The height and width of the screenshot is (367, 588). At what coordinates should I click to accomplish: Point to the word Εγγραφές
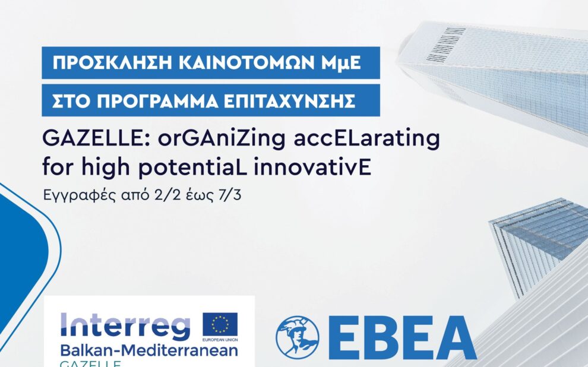point(80,196)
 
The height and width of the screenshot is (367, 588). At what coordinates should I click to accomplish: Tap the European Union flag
point(220,324)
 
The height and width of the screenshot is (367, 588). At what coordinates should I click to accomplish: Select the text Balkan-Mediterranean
point(149,351)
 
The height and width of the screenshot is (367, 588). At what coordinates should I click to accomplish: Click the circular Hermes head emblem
point(298,337)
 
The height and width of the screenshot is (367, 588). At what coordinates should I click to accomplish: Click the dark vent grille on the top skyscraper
point(446,44)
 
